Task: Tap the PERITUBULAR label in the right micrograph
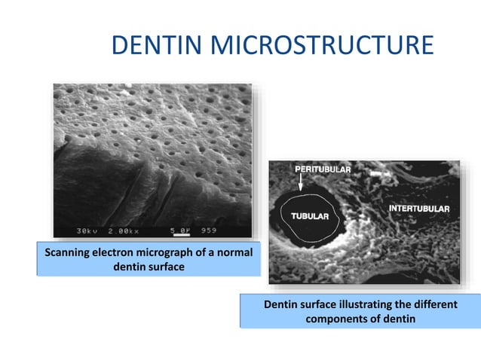pyautogui.click(x=322, y=170)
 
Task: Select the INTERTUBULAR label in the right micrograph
pyautogui.click(x=419, y=208)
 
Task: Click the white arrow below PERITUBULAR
pyautogui.click(x=301, y=181)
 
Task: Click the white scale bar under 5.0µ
pyautogui.click(x=181, y=235)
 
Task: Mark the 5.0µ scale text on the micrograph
pyautogui.click(x=181, y=229)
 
